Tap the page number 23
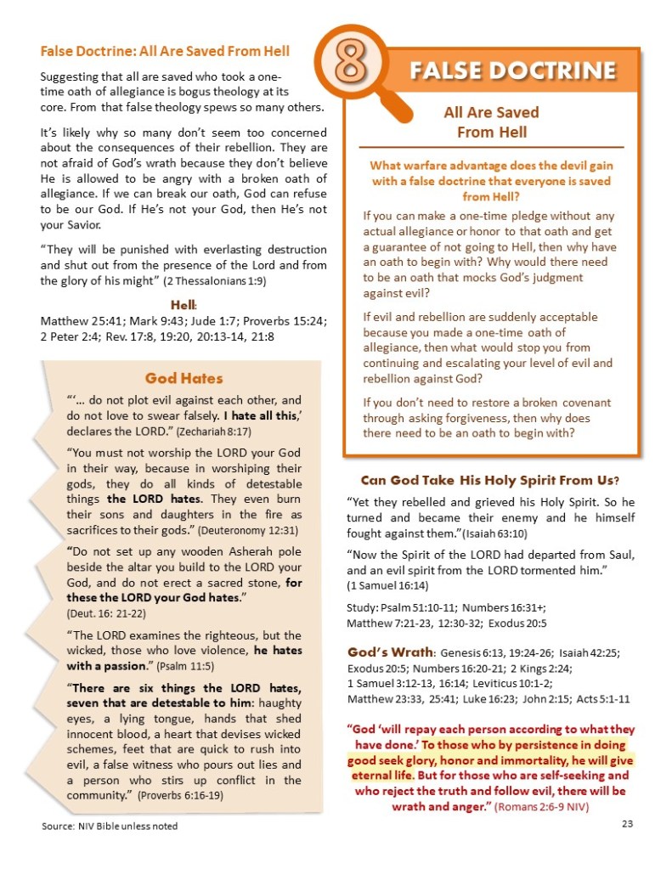tap(628, 823)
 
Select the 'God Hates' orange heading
tap(184, 378)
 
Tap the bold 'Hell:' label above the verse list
tap(184, 305)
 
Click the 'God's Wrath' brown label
tap(390, 652)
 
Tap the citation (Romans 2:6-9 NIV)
tap(539, 805)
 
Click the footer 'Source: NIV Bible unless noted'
tap(110, 826)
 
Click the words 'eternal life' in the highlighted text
tap(380, 776)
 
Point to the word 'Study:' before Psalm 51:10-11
tap(364, 607)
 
